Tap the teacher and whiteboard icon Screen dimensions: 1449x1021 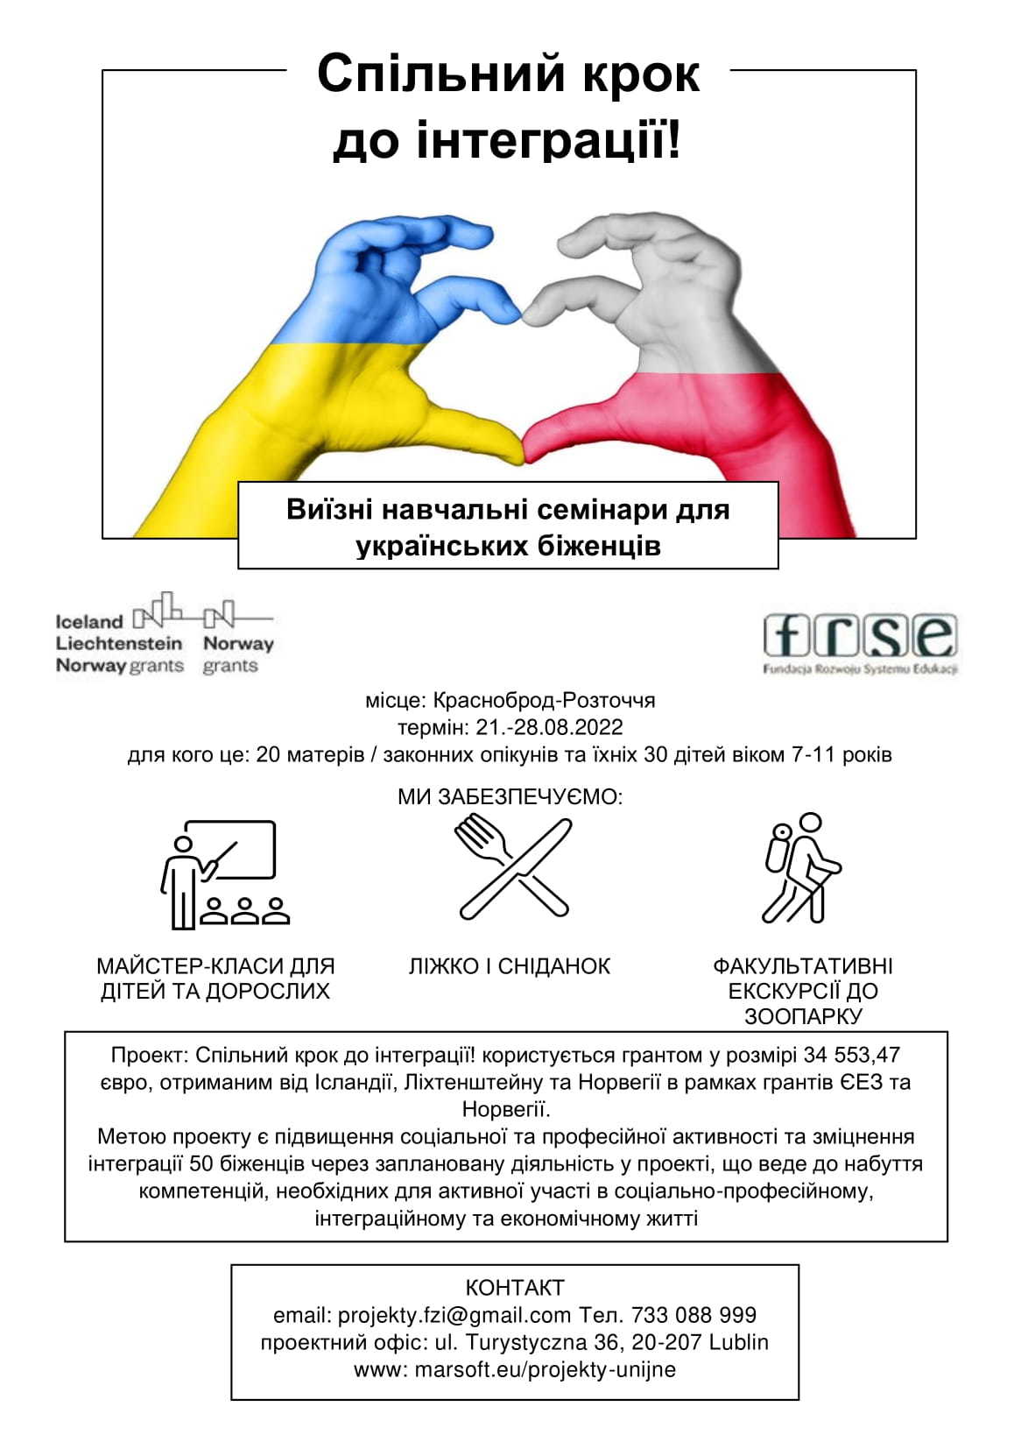click(224, 874)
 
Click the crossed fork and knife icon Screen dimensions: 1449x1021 click(513, 867)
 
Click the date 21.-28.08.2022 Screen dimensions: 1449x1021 click(550, 728)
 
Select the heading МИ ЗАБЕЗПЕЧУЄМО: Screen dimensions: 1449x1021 click(510, 797)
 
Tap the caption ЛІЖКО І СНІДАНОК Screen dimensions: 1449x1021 click(510, 966)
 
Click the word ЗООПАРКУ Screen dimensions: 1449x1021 click(803, 1017)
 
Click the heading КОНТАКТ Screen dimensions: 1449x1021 click(515, 1288)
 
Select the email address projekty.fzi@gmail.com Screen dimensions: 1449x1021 click(454, 1315)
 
